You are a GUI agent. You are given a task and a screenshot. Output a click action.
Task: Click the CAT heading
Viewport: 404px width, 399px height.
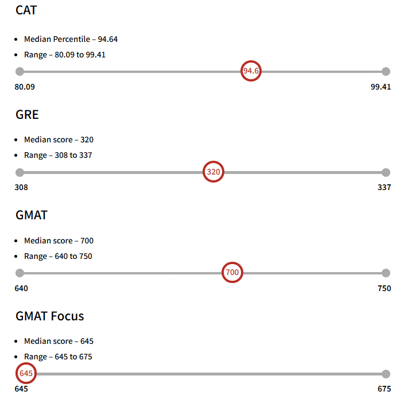[26, 10]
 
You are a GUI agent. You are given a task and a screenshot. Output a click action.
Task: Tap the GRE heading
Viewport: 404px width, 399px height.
[27, 114]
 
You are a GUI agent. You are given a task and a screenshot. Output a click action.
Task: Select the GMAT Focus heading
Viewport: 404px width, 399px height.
[50, 316]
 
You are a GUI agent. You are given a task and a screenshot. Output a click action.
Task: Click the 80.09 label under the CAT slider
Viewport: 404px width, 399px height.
[25, 87]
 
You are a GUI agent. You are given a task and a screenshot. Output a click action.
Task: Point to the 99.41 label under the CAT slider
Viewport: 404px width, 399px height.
[381, 87]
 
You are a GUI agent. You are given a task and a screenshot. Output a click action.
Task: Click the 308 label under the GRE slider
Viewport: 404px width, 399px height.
[21, 187]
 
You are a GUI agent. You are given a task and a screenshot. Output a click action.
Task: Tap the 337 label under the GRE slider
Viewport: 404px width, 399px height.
[384, 187]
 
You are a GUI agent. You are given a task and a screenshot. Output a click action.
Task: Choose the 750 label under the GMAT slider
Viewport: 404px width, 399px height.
[384, 288]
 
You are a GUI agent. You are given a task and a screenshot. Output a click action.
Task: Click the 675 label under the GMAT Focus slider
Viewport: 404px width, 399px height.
[384, 389]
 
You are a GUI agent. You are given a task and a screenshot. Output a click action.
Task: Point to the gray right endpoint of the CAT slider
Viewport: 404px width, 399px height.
[386, 71]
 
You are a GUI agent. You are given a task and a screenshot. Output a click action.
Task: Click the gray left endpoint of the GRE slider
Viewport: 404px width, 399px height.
[20, 172]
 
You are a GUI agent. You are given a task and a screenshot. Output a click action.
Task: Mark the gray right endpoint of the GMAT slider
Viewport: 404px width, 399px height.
[386, 273]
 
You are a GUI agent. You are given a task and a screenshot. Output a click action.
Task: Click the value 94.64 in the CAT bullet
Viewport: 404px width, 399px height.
[108, 39]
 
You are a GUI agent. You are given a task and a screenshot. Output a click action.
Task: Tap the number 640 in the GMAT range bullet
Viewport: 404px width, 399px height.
[61, 256]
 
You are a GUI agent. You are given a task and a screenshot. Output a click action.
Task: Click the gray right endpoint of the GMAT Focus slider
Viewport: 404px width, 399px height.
[386, 374]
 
